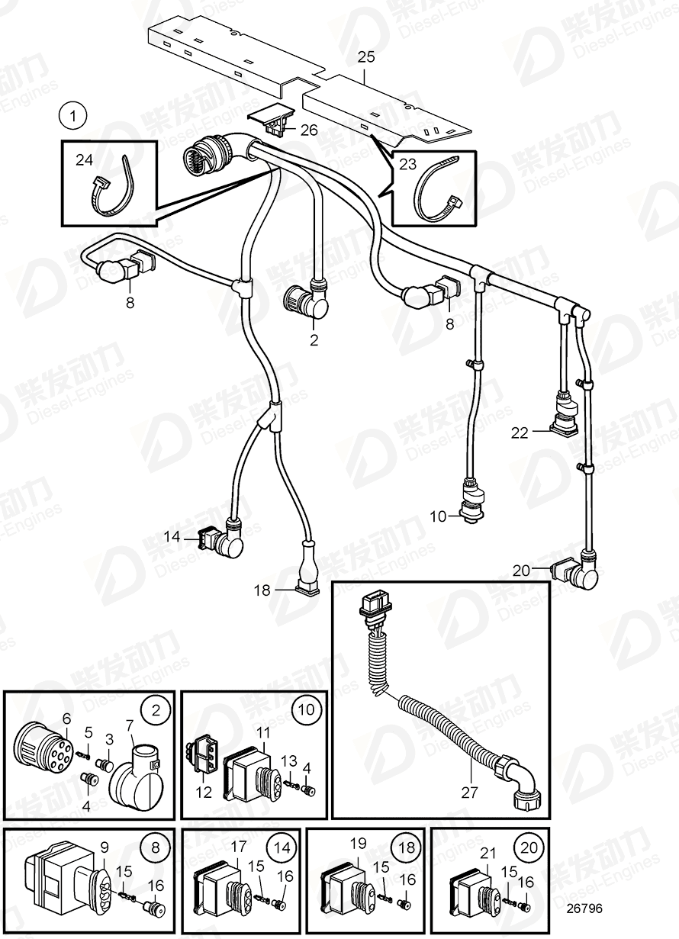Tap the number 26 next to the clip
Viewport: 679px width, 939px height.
point(309,130)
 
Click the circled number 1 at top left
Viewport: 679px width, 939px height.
point(73,117)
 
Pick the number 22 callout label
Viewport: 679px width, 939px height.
point(520,433)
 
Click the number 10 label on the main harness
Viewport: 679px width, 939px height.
point(437,516)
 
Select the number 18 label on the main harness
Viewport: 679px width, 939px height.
point(262,590)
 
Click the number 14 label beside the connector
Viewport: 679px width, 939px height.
point(171,537)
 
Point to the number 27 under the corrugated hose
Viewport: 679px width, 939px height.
point(470,793)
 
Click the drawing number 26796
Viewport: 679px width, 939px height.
point(584,908)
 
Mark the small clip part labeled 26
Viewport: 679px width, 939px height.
point(271,120)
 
